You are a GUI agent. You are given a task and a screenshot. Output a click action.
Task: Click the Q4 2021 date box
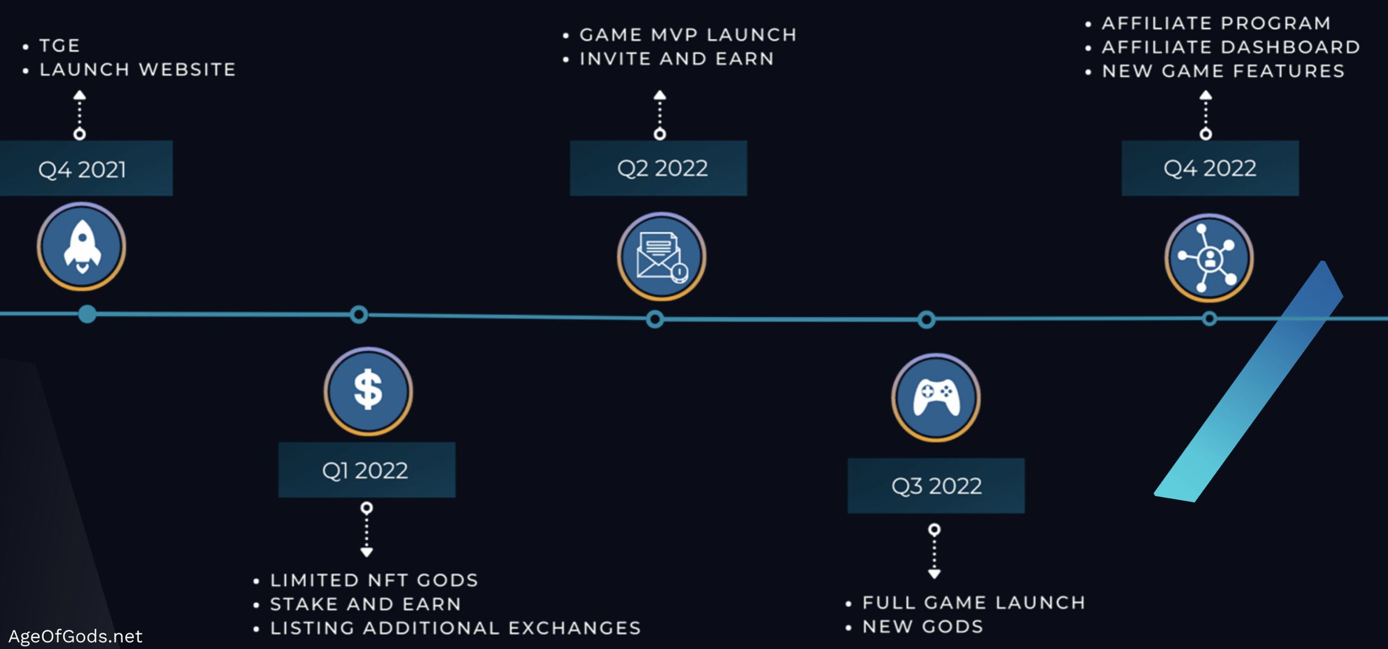click(x=82, y=169)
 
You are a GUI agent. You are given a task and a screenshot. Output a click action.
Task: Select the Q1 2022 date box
click(x=366, y=470)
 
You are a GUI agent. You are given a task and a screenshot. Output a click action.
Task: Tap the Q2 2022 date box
click(x=659, y=168)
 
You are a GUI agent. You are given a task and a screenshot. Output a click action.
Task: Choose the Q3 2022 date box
click(x=936, y=486)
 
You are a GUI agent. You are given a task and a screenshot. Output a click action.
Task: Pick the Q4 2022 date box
click(x=1210, y=168)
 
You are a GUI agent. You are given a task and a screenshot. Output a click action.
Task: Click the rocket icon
click(x=82, y=246)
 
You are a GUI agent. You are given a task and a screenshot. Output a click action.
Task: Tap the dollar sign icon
click(x=368, y=391)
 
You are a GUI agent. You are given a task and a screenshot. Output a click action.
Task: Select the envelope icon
click(x=662, y=257)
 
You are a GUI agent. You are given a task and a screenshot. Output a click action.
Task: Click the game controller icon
click(x=936, y=398)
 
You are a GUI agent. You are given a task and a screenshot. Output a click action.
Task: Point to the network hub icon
click(x=1209, y=258)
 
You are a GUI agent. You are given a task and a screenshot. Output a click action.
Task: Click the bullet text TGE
click(x=60, y=46)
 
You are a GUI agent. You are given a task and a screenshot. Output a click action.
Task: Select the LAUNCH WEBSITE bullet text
click(x=138, y=69)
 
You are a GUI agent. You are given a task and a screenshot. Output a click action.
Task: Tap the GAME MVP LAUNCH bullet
click(x=688, y=35)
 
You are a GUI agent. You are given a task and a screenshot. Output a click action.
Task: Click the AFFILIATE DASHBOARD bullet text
click(x=1231, y=47)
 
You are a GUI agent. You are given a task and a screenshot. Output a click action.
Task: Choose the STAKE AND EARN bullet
click(x=366, y=604)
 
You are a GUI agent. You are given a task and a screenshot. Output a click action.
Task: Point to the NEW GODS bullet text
click(x=922, y=626)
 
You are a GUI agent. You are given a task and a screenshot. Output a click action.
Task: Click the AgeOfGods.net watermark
click(x=75, y=636)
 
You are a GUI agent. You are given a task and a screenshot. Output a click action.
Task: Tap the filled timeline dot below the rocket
click(x=87, y=314)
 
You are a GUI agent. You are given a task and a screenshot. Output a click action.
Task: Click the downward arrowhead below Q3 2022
click(x=934, y=574)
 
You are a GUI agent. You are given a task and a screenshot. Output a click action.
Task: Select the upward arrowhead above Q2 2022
click(x=660, y=95)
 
